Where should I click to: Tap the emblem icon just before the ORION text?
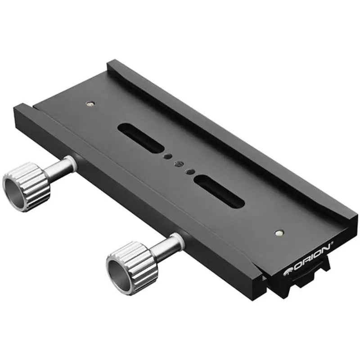point(288,271)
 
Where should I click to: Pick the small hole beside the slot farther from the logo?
point(167,156)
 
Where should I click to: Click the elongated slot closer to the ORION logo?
point(219,191)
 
